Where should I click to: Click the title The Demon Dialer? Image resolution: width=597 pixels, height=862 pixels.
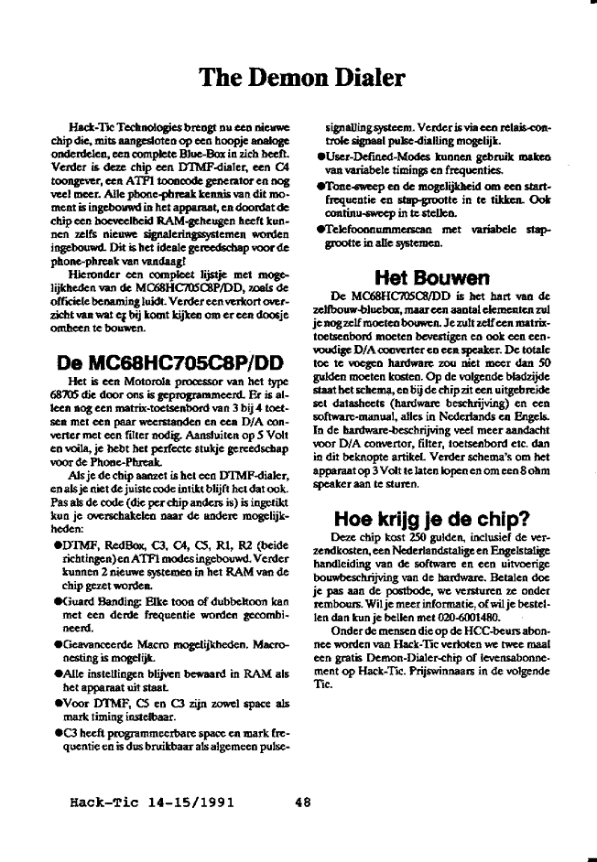point(298,78)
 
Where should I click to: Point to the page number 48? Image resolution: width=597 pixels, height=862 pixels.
point(304,803)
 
